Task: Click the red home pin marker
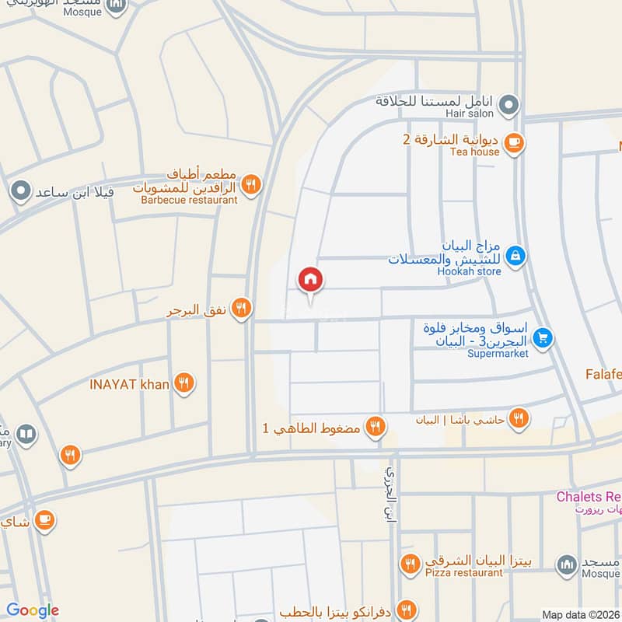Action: [x=310, y=280]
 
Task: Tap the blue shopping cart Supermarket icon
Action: [x=543, y=337]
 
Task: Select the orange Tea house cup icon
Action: [x=513, y=142]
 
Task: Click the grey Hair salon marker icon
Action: [x=508, y=103]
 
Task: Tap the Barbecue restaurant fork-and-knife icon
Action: [x=250, y=185]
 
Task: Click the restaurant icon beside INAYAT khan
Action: [x=184, y=383]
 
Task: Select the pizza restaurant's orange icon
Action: [x=410, y=563]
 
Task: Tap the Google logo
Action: [x=33, y=610]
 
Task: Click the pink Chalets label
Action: [x=588, y=496]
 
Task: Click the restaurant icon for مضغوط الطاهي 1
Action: [x=376, y=426]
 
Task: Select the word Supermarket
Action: [x=498, y=354]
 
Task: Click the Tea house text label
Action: [x=474, y=152]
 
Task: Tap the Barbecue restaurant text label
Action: [x=189, y=200]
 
